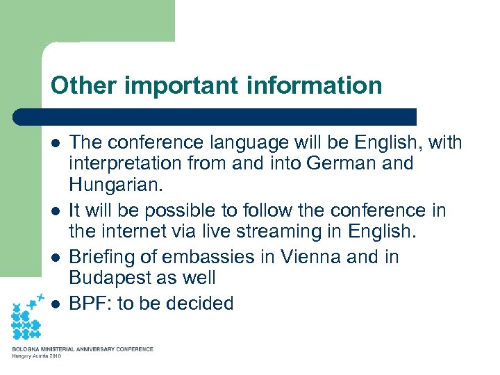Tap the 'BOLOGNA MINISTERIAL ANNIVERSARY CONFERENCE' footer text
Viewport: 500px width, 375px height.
pyautogui.click(x=82, y=349)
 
